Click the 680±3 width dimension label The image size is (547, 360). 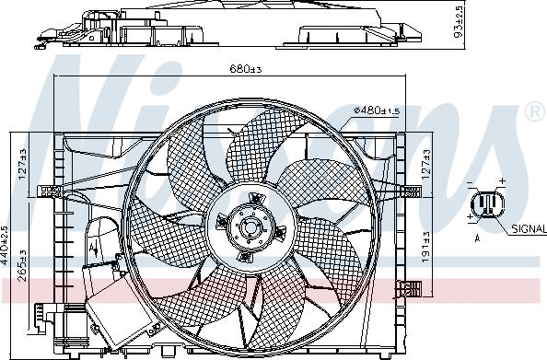coord(245,69)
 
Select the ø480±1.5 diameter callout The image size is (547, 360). coord(377,110)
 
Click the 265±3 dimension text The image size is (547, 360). coord(22,265)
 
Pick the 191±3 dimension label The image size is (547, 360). coord(425,247)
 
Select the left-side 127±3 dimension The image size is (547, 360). coord(22,164)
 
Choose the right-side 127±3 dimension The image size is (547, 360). coord(426,164)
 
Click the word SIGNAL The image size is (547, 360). coord(529,229)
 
